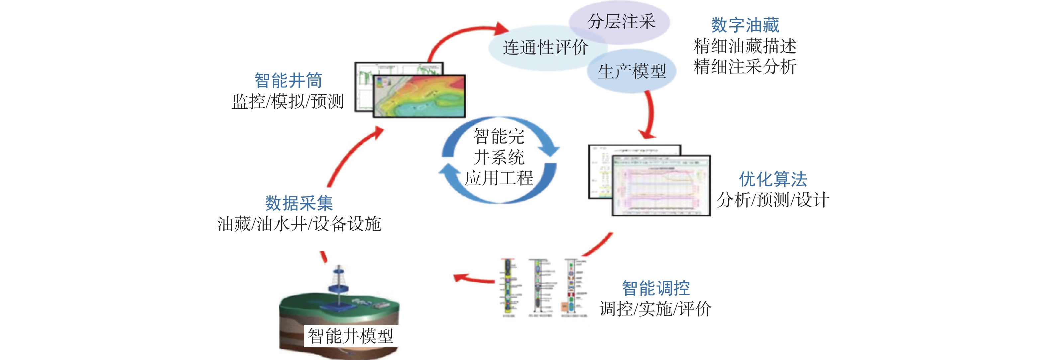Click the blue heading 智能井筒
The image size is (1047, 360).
coord(288,80)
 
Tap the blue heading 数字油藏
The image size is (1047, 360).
coord(745,25)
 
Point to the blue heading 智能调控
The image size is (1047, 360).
coord(655,288)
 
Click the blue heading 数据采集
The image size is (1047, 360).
coord(299,203)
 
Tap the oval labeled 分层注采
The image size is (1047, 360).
coord(621,21)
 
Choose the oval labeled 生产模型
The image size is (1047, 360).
coord(632,72)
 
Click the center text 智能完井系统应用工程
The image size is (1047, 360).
coord(499,158)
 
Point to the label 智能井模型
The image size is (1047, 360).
coord(350,336)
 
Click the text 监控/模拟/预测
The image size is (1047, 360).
coord(288,101)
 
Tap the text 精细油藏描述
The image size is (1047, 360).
coord(745,46)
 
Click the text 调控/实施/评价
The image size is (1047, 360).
coord(655,309)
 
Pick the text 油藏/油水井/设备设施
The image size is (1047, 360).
coord(299,224)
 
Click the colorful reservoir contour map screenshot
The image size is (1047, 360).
coord(419,96)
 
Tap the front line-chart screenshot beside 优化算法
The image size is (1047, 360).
coord(661,186)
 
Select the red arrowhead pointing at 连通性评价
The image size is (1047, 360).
coord(502,29)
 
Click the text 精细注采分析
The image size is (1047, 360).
coord(745,66)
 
